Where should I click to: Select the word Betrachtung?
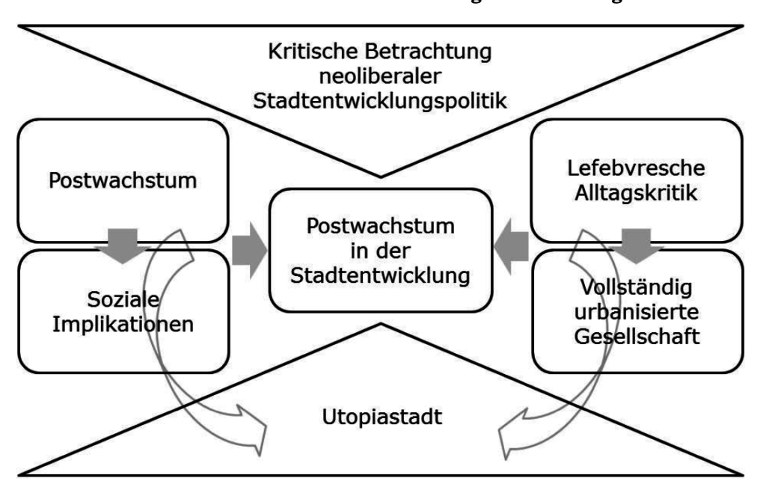[443, 53]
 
